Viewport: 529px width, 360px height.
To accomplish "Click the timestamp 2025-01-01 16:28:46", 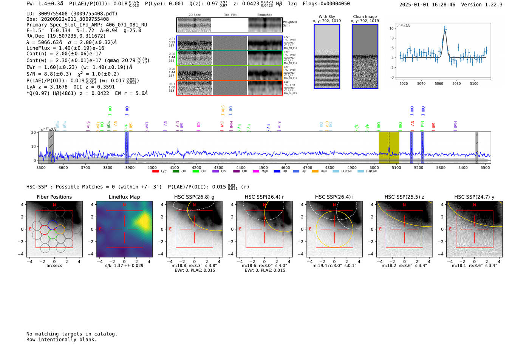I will click(x=427, y=5).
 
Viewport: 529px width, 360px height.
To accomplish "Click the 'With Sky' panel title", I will click(x=326, y=17).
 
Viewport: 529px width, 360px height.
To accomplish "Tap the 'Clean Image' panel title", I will click(x=365, y=17).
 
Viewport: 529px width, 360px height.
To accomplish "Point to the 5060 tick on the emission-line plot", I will click(x=439, y=83).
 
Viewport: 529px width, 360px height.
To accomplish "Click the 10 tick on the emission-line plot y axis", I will click(x=391, y=28).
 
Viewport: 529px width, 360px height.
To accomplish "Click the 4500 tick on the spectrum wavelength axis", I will click(x=263, y=168).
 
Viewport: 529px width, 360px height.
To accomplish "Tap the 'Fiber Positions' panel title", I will click(x=54, y=197).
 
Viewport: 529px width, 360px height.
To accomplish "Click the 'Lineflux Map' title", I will click(x=124, y=197).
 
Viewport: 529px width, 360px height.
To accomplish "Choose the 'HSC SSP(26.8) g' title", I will click(x=194, y=197).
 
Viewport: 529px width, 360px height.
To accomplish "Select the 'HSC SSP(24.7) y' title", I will click(x=474, y=197).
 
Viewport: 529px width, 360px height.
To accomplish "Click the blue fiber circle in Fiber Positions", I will click(x=52, y=225).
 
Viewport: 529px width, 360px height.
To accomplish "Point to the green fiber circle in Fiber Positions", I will click(x=52, y=235).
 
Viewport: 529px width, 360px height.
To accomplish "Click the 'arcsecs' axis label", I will click(x=54, y=266).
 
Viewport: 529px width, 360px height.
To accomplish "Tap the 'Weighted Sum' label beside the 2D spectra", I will click(x=290, y=24).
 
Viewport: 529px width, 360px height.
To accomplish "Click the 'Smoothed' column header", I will click(x=264, y=15).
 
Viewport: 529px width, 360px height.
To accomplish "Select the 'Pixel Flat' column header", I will click(x=230, y=15).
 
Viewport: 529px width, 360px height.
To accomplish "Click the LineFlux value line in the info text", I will click(x=65, y=48).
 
